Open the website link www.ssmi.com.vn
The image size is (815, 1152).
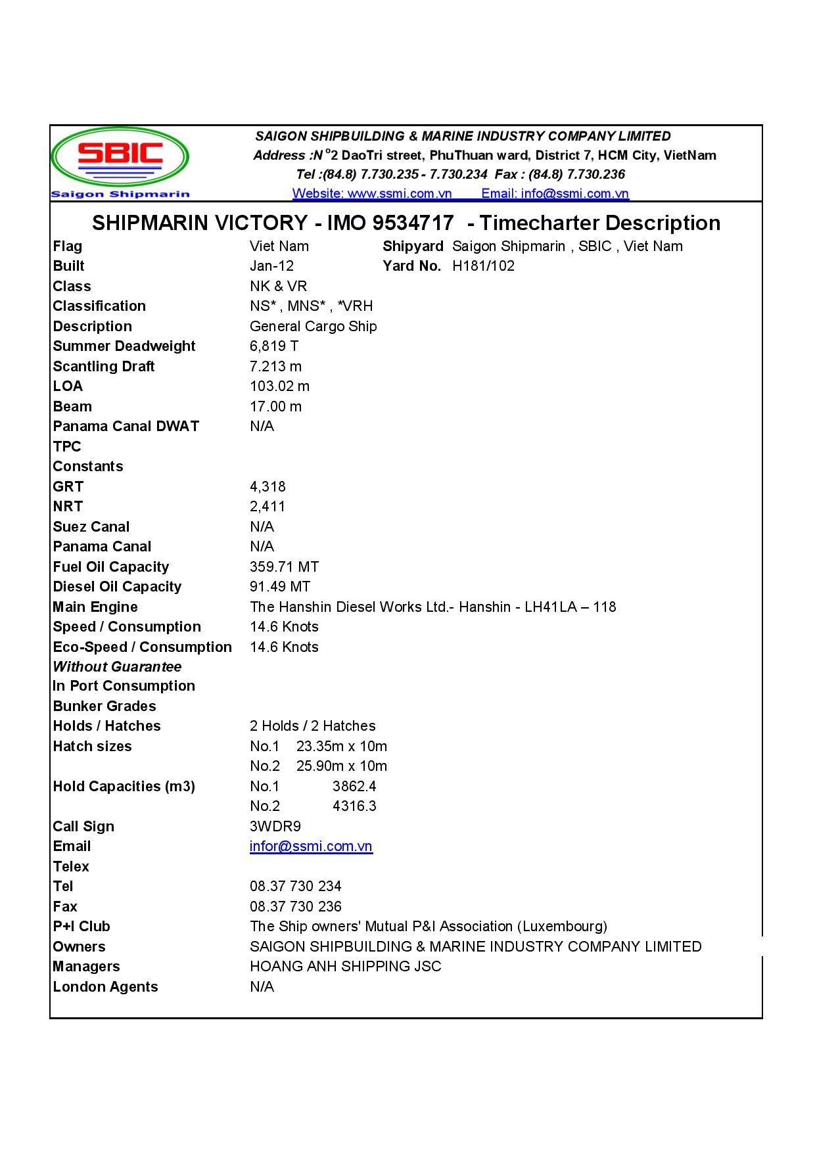point(372,193)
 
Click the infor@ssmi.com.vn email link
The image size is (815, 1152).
point(311,846)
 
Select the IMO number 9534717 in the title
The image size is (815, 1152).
point(413,223)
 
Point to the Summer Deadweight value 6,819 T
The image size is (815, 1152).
point(274,346)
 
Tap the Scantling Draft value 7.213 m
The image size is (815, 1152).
point(275,367)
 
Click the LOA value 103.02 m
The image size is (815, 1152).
point(279,386)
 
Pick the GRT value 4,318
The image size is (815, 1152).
point(268,487)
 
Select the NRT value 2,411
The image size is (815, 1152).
point(267,507)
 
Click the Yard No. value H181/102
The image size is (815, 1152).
point(483,266)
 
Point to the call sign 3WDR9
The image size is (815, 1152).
point(275,827)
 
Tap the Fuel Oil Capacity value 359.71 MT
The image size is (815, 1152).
point(284,567)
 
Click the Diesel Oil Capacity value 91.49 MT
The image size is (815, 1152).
point(280,587)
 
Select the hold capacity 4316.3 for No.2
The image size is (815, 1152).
point(354,806)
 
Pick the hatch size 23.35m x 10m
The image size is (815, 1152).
point(341,747)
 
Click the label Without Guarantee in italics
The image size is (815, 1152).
point(117,667)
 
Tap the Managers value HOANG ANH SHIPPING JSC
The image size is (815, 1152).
point(345,967)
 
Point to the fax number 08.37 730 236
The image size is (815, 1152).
point(295,907)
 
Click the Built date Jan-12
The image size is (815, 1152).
point(271,266)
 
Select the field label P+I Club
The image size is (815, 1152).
point(81,927)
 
